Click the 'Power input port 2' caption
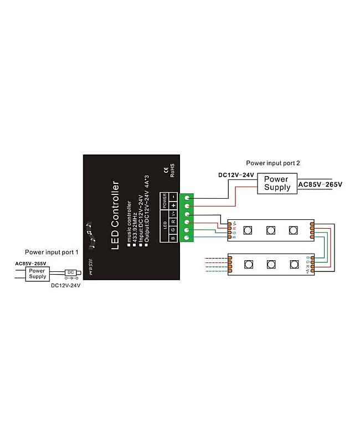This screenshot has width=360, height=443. point(272,163)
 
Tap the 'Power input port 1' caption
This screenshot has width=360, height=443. point(52,251)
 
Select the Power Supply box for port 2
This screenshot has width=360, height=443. point(277,183)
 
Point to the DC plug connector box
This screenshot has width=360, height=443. point(70,272)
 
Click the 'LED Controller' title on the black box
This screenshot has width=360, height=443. point(116,215)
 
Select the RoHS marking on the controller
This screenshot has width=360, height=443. point(172,170)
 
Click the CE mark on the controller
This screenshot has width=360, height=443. point(165,170)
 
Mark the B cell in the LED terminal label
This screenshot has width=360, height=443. point(173,238)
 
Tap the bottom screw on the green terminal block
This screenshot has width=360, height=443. point(188,238)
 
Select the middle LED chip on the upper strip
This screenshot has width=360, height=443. point(270,229)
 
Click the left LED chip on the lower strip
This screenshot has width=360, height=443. point(249,264)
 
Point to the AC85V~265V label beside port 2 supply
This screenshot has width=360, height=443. point(320,184)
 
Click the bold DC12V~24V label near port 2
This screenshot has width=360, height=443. point(236,175)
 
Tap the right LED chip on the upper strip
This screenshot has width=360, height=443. point(292,229)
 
